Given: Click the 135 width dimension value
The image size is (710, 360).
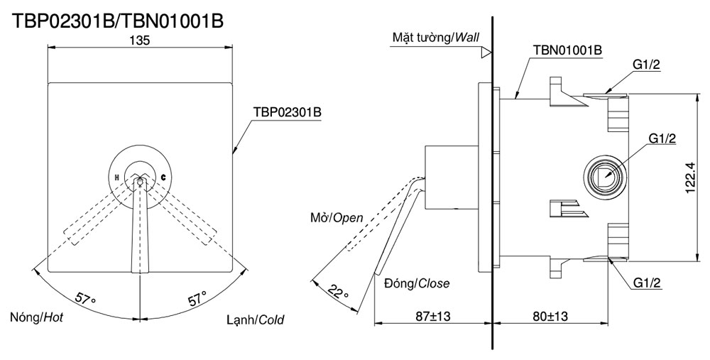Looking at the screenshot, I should click(140, 41).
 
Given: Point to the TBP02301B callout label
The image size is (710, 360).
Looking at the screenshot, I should click(288, 112).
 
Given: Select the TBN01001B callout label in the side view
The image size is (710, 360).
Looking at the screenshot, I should click(567, 50).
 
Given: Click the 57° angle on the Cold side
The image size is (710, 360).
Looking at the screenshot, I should click(196, 298).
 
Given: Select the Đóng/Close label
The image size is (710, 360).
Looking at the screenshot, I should click(416, 283).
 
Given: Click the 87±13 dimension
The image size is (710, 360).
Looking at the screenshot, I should click(433, 315).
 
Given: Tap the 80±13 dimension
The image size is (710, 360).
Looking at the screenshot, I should click(550, 315).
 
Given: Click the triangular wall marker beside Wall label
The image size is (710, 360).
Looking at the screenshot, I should click(486, 52).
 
